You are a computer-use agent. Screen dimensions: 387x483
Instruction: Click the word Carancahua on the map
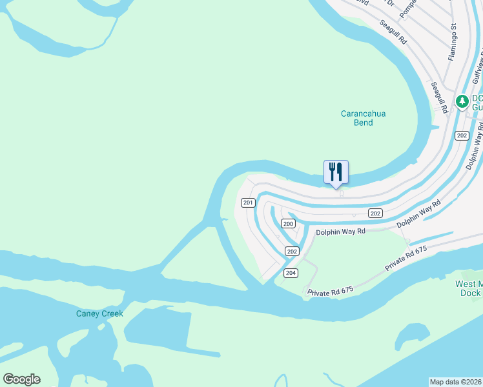[x=363, y=114]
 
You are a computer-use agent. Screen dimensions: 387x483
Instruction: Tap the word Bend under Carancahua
[x=363, y=123]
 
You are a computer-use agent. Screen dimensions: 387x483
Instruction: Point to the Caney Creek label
[x=99, y=313]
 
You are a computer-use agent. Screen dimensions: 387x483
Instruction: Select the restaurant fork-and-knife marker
[x=336, y=172]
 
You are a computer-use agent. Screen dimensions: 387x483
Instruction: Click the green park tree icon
[x=462, y=101]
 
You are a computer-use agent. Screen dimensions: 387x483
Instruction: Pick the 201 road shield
[x=248, y=203]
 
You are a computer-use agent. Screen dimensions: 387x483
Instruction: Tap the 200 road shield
[x=288, y=224]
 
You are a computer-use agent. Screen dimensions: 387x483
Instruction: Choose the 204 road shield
[x=291, y=273]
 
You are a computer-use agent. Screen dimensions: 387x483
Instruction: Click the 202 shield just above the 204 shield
[x=292, y=252]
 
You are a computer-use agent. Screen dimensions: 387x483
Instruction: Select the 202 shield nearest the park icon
[x=461, y=135]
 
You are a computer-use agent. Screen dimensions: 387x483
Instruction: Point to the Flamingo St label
[x=453, y=43]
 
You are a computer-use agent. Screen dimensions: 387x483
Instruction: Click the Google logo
[x=21, y=379]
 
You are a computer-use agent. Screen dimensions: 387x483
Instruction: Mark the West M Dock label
[x=469, y=288]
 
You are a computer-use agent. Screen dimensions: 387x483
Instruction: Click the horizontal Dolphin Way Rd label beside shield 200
[x=341, y=230]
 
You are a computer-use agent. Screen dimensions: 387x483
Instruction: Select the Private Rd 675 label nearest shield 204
[x=331, y=292]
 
